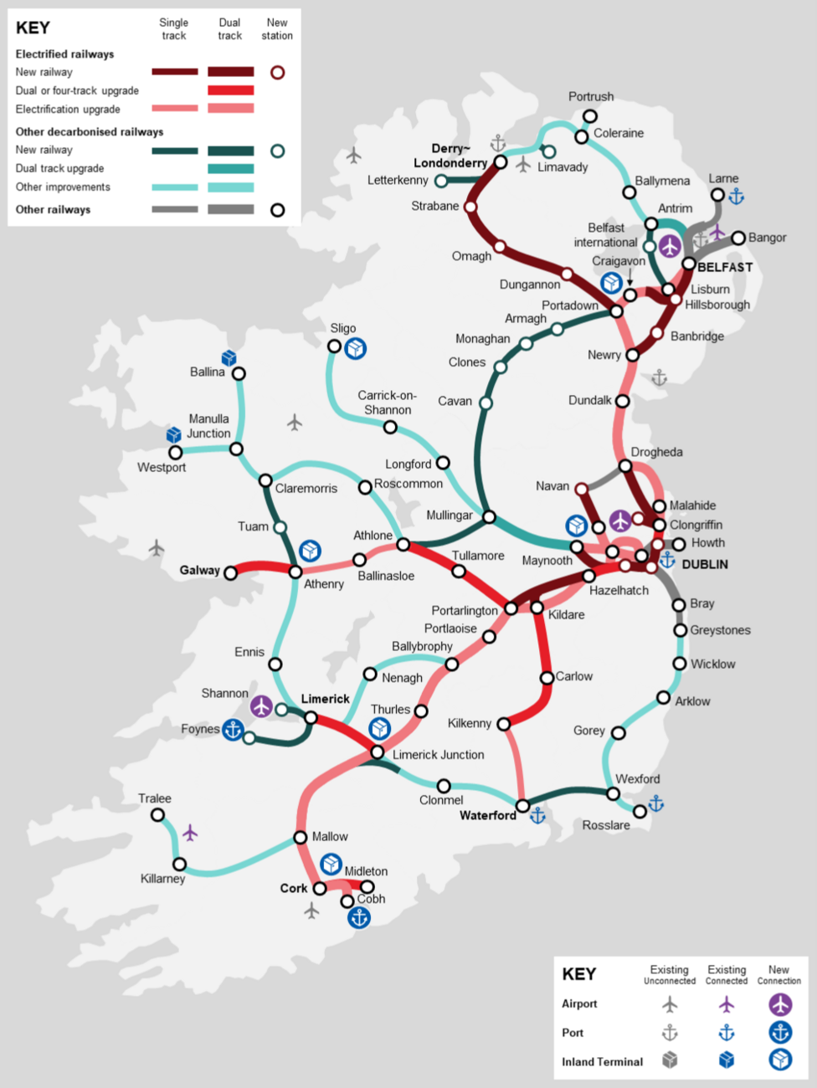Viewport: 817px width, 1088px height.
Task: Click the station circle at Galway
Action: pyautogui.click(x=231, y=573)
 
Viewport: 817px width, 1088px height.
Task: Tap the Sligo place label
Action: pyautogui.click(x=342, y=328)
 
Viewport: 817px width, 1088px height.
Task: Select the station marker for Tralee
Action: pyautogui.click(x=157, y=814)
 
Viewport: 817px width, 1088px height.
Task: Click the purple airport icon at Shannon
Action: pyautogui.click(x=262, y=706)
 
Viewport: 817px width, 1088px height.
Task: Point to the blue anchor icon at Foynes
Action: pyautogui.click(x=233, y=730)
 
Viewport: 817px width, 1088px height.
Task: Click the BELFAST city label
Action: pyautogui.click(x=725, y=267)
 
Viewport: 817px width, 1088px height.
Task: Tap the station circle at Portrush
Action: pyautogui.click(x=590, y=116)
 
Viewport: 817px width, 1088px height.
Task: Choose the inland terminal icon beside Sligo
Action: pyautogui.click(x=356, y=348)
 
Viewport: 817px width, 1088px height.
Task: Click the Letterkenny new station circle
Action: pyautogui.click(x=441, y=181)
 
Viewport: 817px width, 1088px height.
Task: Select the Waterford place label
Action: pyautogui.click(x=487, y=815)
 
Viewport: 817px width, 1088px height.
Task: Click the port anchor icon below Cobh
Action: pyautogui.click(x=359, y=917)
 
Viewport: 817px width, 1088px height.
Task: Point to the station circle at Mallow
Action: pyautogui.click(x=301, y=838)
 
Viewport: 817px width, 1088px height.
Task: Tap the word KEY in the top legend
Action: pyautogui.click(x=33, y=28)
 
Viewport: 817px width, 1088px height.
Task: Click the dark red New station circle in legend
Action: pyautogui.click(x=277, y=72)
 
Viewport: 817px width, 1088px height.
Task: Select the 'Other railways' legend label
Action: pyautogui.click(x=53, y=210)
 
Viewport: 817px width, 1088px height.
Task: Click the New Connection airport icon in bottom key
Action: pyautogui.click(x=780, y=1004)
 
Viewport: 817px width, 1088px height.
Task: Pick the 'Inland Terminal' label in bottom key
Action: pyautogui.click(x=602, y=1061)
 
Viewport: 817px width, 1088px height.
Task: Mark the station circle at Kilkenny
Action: pyautogui.click(x=504, y=724)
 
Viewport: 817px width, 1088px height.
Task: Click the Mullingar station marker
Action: pyautogui.click(x=489, y=517)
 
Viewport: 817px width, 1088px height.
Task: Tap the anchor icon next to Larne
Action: pyautogui.click(x=737, y=197)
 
